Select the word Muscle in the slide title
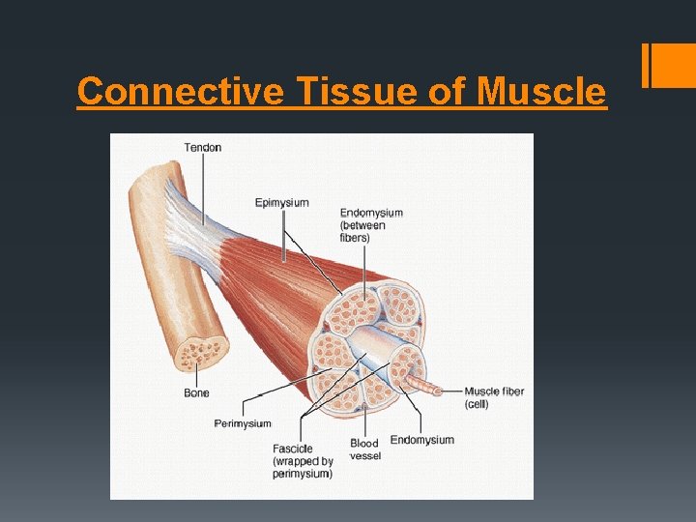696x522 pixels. pyautogui.click(x=542, y=92)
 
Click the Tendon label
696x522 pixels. pyautogui.click(x=203, y=148)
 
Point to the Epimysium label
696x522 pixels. pyautogui.click(x=281, y=203)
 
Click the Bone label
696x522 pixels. pyautogui.click(x=196, y=393)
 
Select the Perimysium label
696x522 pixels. pyautogui.click(x=243, y=423)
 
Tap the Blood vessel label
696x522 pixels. pyautogui.click(x=364, y=449)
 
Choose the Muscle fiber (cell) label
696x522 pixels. pyautogui.click(x=494, y=397)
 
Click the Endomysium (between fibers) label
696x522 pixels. pyautogui.click(x=370, y=225)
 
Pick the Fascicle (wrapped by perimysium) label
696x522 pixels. pyautogui.click(x=302, y=461)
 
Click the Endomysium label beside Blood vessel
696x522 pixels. pyautogui.click(x=421, y=440)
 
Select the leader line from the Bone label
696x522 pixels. pyautogui.click(x=199, y=375)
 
